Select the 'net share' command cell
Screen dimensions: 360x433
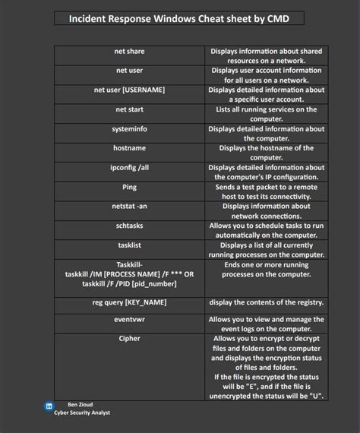point(129,52)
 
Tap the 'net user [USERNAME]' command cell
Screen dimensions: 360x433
point(129,90)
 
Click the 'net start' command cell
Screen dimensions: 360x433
point(129,109)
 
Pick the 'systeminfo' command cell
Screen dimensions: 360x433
point(129,129)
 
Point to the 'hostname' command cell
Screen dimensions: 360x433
point(129,148)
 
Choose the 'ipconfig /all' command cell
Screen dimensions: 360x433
point(129,168)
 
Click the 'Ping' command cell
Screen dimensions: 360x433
point(129,187)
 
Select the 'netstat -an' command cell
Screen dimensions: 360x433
point(129,206)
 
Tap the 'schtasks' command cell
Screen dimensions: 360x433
point(129,226)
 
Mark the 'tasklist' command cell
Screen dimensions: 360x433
point(129,245)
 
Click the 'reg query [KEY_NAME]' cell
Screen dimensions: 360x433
point(129,302)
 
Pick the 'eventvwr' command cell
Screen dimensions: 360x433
point(129,320)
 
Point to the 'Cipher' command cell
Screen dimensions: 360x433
point(129,339)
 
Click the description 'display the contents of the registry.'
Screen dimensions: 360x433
point(266,302)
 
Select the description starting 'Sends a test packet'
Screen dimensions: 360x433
point(266,191)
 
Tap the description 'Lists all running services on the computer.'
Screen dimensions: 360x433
point(266,114)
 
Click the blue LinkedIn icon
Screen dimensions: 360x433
point(49,406)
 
